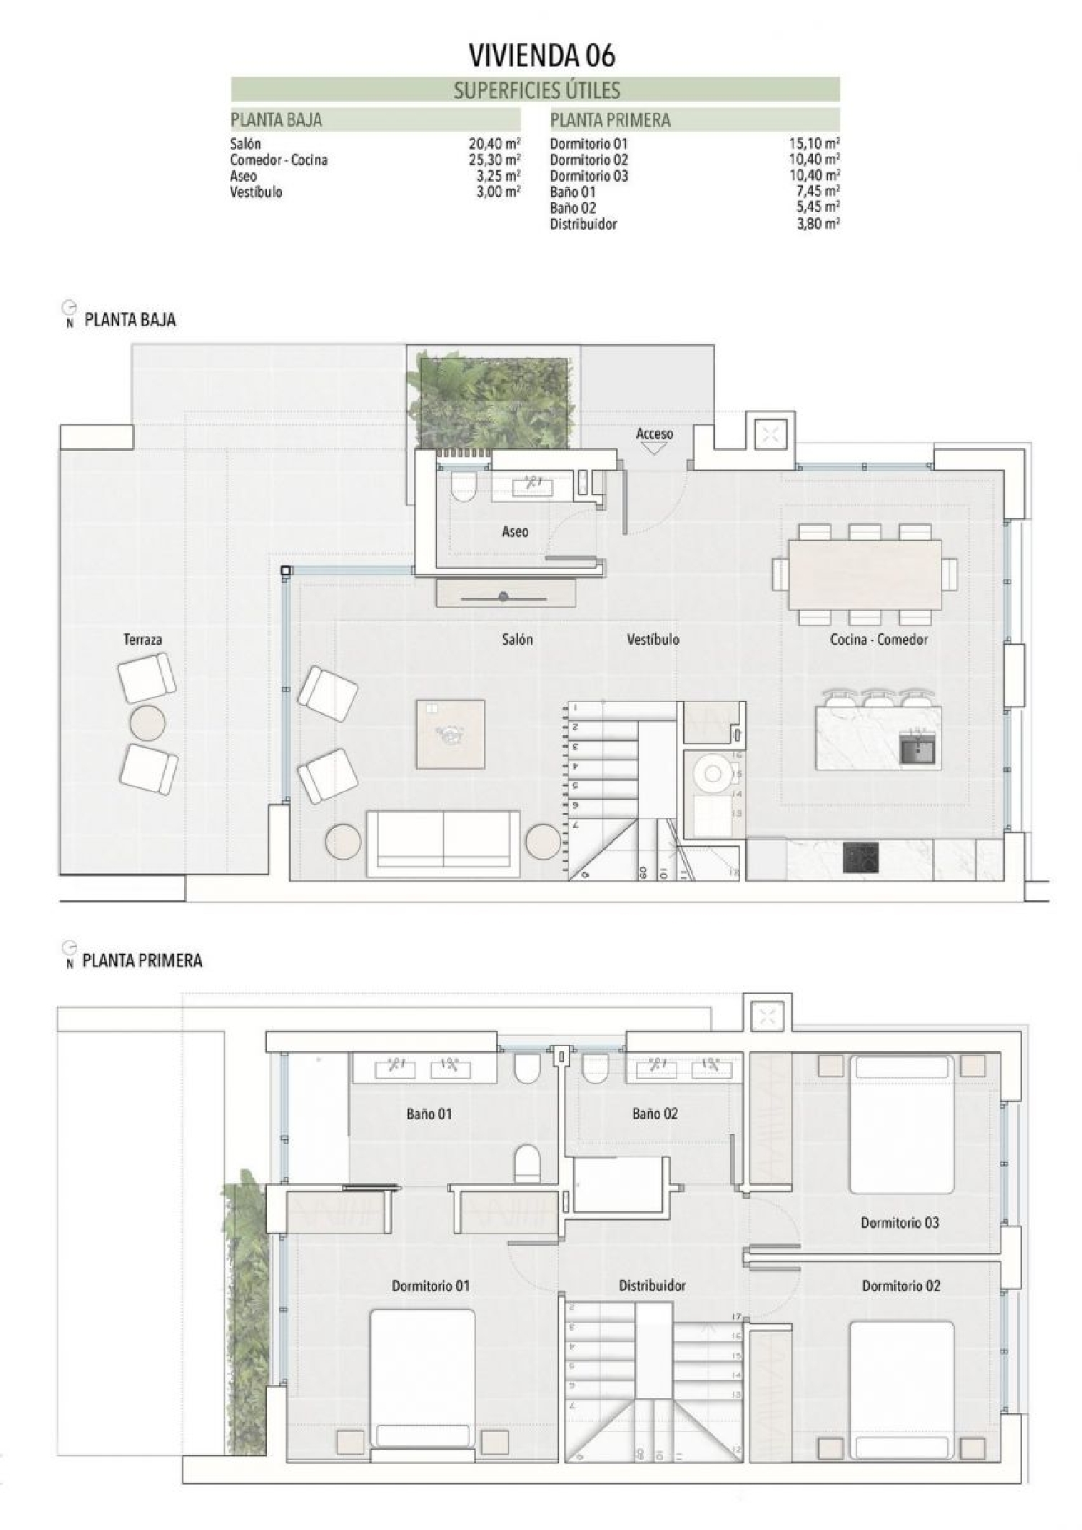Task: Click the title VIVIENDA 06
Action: point(542,56)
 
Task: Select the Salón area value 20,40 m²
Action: point(494,144)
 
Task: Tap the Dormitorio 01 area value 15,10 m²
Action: point(814,144)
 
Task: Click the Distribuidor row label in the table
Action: point(583,224)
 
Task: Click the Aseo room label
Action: point(515,532)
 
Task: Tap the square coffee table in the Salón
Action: point(450,734)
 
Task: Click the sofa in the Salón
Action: point(443,843)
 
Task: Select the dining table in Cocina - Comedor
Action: point(865,574)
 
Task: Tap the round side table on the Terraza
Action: point(147,722)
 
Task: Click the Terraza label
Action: point(143,639)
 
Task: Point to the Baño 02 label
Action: point(655,1114)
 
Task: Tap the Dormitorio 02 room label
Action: point(901,1285)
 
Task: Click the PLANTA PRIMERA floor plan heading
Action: point(142,960)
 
